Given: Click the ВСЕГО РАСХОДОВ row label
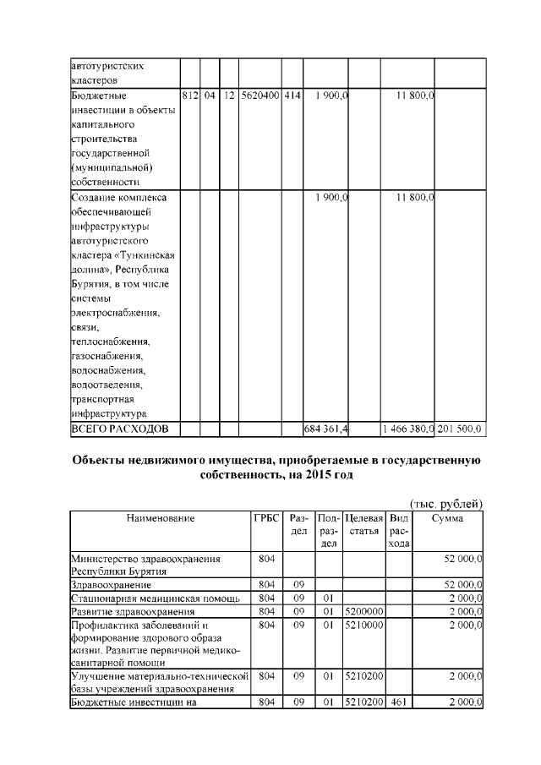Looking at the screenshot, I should coord(119,429).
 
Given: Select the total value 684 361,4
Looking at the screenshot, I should coord(326,429).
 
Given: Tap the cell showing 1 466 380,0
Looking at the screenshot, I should coord(407,429).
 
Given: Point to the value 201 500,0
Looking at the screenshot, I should coord(460,429).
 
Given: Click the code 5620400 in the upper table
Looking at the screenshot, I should coord(260,96).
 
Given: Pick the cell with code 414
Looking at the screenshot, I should coord(292,96).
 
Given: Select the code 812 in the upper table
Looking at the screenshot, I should coord(190,96).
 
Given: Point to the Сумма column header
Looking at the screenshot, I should coord(447,518).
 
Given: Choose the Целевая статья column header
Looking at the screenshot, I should coord(363,524).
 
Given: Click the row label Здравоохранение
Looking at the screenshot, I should coord(112,584).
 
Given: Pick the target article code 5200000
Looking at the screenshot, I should coord(363,611).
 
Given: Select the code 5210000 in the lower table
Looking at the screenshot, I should coord(363,625).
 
